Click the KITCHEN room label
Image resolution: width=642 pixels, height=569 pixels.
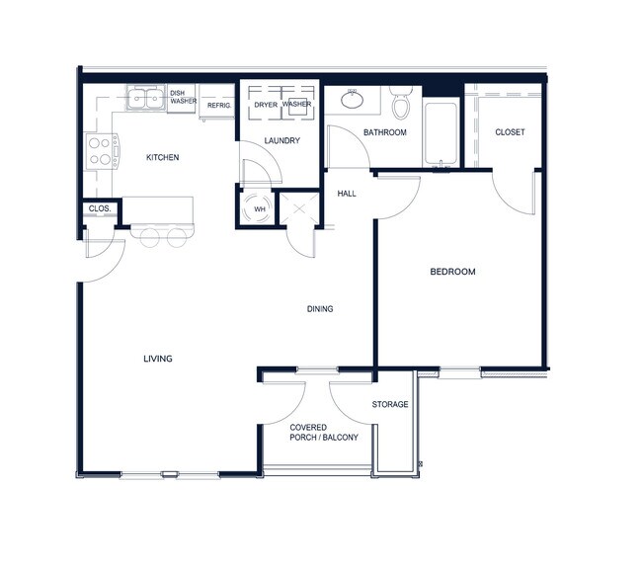(162, 157)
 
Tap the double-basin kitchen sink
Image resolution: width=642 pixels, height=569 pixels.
(146, 98)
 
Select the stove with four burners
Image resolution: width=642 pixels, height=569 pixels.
(101, 151)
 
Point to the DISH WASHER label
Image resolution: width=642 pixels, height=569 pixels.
(183, 97)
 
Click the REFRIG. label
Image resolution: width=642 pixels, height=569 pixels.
(218, 104)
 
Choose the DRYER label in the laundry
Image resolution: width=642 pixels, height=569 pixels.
(265, 104)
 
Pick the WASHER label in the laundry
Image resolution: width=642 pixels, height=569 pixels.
(297, 104)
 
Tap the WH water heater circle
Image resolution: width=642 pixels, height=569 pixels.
(260, 209)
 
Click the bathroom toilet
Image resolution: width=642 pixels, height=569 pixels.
(401, 103)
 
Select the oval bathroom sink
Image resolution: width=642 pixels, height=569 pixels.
(352, 98)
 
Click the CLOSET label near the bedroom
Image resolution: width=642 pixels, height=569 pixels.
(510, 132)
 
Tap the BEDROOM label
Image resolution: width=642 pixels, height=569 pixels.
(452, 272)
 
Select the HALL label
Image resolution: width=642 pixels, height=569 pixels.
(347, 194)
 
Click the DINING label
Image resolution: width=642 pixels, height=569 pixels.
(320, 309)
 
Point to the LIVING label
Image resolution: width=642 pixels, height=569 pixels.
(158, 359)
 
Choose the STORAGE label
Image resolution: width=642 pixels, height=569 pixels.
(390, 405)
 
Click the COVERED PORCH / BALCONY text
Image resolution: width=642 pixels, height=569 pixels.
(323, 433)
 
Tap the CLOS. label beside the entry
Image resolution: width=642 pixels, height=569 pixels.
(99, 208)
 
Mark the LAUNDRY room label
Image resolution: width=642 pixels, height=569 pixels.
(281, 141)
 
